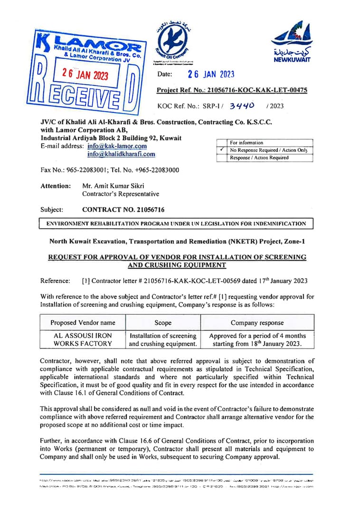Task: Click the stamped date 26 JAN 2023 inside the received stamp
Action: click(x=85, y=75)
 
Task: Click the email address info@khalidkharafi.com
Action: click(x=121, y=154)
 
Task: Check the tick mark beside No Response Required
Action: click(x=222, y=150)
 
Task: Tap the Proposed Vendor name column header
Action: click(x=83, y=322)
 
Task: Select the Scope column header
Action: click(x=163, y=322)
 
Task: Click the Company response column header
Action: click(x=257, y=322)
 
